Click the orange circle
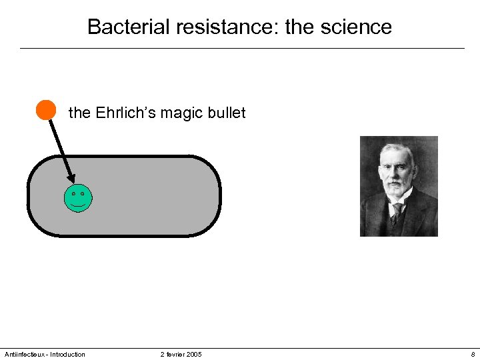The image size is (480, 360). coord(45,109)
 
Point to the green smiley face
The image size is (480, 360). coord(78,198)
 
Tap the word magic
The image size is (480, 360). coord(186,113)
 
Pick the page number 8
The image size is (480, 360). coord(473,354)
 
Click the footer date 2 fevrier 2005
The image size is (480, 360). coord(181,354)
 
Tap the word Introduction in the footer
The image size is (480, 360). coord(67,354)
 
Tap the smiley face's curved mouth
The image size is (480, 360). coord(78,205)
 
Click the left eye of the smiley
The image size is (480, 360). coord(73,194)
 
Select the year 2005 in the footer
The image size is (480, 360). coord(194,354)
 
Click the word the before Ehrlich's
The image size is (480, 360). coord(79,113)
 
